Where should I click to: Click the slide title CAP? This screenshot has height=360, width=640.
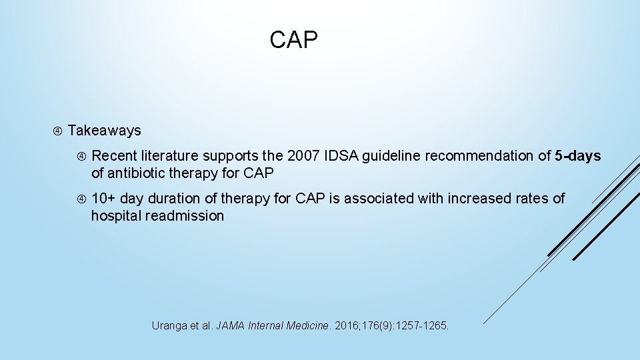294,40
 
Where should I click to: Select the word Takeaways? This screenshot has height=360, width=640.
105,131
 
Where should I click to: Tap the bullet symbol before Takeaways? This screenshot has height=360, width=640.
56,131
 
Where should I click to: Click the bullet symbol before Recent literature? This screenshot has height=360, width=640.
80,157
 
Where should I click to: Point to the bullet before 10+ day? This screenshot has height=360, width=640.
80,199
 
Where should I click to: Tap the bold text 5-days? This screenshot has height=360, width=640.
577,157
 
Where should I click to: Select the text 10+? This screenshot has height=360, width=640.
104,199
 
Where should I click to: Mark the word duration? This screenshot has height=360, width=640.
175,199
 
